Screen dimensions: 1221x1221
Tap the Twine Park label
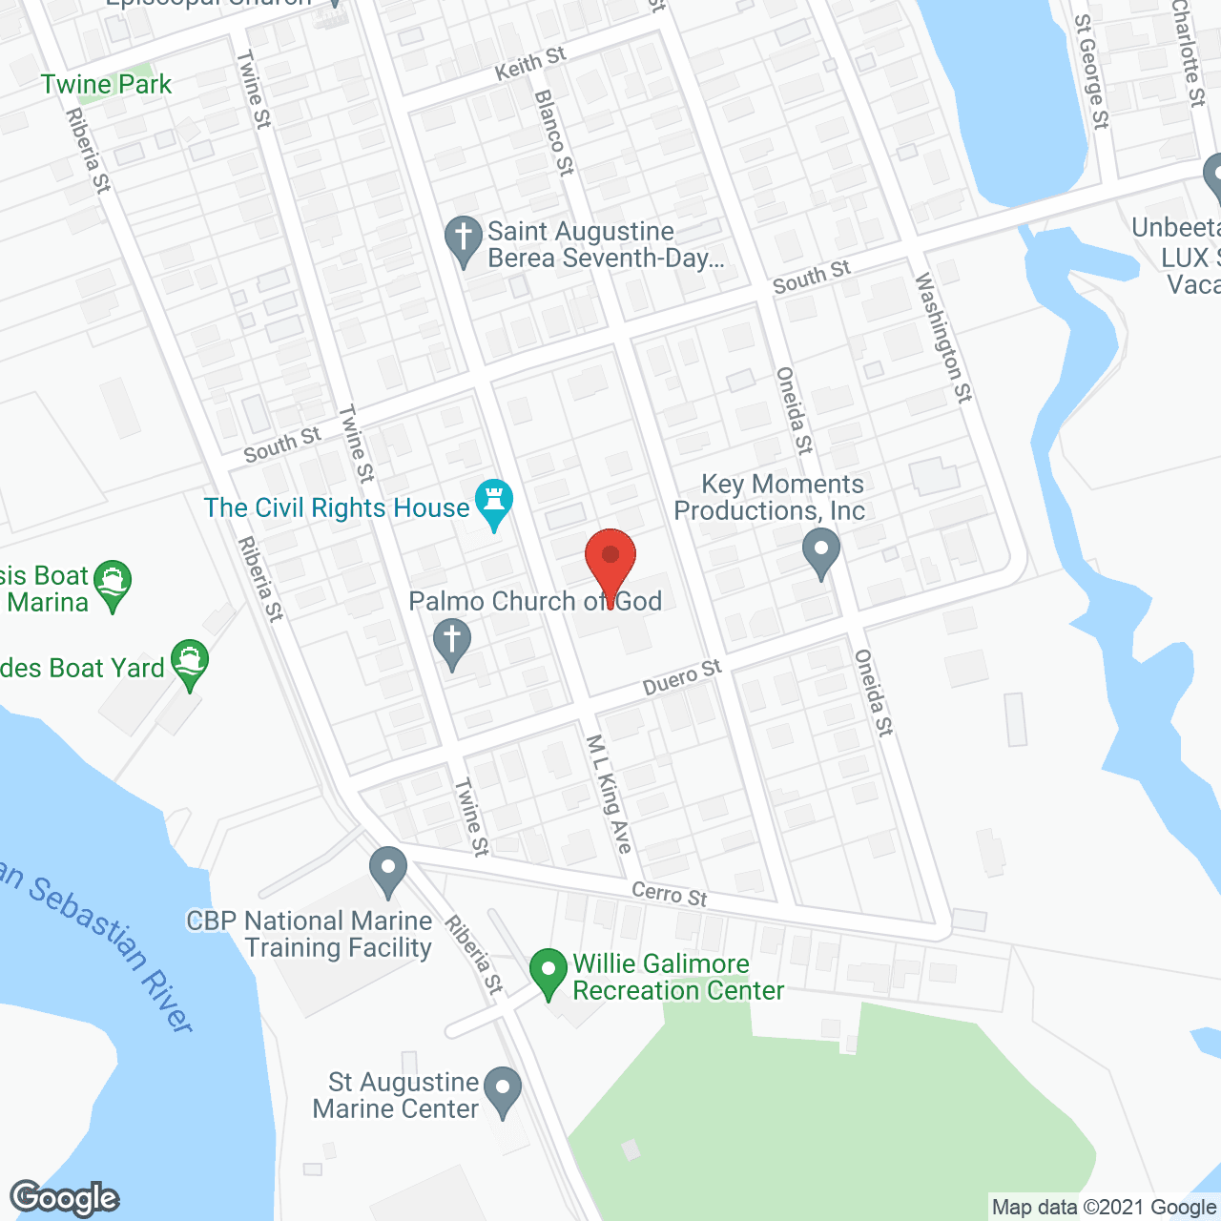pyautogui.click(x=106, y=84)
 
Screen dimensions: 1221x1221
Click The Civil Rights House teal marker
pyautogui.click(x=494, y=503)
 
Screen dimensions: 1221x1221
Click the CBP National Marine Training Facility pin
pyautogui.click(x=388, y=870)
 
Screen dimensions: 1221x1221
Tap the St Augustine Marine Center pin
pyautogui.click(x=503, y=1091)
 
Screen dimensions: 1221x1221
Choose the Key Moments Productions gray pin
pyautogui.click(x=820, y=553)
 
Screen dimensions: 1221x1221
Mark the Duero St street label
pyautogui.click(x=682, y=677)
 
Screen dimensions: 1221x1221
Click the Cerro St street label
pyautogui.click(x=670, y=894)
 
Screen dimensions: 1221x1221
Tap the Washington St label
pyautogui.click(x=943, y=338)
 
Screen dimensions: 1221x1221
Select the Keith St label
pyautogui.click(x=530, y=63)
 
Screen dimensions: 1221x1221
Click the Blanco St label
pyautogui.click(x=554, y=132)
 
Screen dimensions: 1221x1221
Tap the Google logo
pyautogui.click(x=65, y=1198)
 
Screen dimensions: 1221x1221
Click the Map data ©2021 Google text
pyautogui.click(x=1104, y=1208)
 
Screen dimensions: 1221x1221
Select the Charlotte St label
pyautogui.click(x=1189, y=52)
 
